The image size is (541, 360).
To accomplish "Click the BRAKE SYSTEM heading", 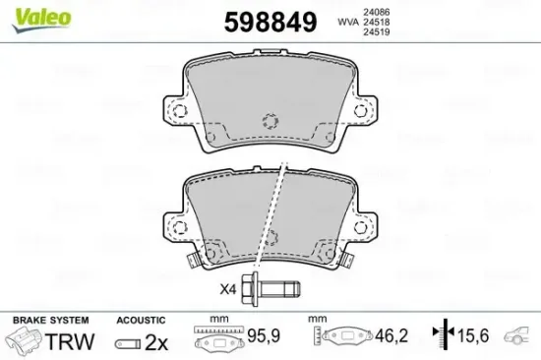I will tap(50, 320).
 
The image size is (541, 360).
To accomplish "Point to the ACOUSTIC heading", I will tap(142, 320).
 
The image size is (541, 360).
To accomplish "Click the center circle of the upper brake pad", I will tap(271, 123).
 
